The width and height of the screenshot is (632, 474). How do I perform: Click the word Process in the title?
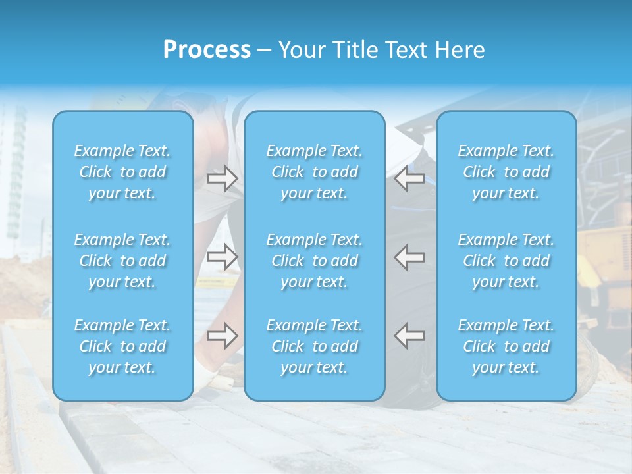pyautogui.click(x=207, y=50)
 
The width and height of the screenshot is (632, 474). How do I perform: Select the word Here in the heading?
pyautogui.click(x=461, y=50)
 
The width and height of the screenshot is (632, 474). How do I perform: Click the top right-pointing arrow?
pyautogui.click(x=222, y=178)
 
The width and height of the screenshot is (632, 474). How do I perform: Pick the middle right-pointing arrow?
pyautogui.click(x=222, y=257)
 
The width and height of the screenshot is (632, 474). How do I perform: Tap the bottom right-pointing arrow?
pyautogui.click(x=222, y=336)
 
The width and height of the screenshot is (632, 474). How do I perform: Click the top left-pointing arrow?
pyautogui.click(x=409, y=178)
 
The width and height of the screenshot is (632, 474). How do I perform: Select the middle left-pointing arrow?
pyautogui.click(x=409, y=257)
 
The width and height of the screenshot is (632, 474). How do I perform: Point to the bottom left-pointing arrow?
pyautogui.click(x=409, y=336)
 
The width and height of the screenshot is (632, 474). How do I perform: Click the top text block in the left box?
pyautogui.click(x=122, y=172)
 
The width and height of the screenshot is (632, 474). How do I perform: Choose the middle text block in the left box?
pyautogui.click(x=122, y=261)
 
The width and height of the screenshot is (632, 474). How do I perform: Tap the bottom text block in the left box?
pyautogui.click(x=122, y=346)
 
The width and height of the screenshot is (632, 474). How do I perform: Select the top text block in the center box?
pyautogui.click(x=315, y=172)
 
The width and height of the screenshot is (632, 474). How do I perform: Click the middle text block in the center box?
pyautogui.click(x=315, y=261)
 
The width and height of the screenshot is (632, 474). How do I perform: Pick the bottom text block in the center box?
pyautogui.click(x=315, y=346)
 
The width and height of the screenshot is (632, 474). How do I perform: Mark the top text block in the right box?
pyautogui.click(x=506, y=172)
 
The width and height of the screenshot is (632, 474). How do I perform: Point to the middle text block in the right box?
pyautogui.click(x=506, y=261)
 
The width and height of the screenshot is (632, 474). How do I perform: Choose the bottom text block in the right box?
pyautogui.click(x=506, y=346)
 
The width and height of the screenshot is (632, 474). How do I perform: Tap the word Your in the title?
pyautogui.click(x=300, y=50)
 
